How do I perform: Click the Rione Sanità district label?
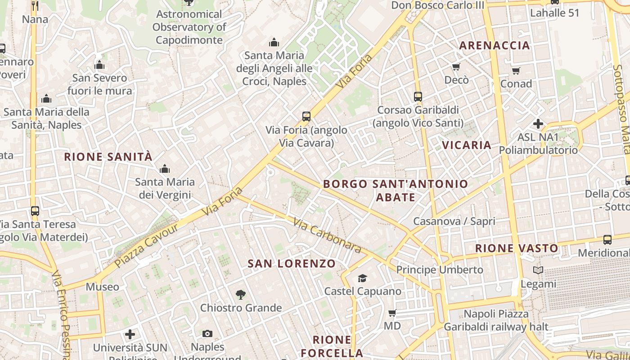coord(108,157)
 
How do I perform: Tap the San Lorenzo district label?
coord(292,264)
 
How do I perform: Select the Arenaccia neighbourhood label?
coord(494,45)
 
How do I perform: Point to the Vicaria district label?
coord(467,145)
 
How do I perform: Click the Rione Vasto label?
coord(517,248)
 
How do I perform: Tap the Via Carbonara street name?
coord(327,235)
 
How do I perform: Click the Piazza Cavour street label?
coord(147,245)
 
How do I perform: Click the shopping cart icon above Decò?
coord(456,67)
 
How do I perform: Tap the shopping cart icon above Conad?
coord(516,71)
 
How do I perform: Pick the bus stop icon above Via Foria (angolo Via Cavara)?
coord(306,117)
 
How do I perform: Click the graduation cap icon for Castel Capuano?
coord(362,279)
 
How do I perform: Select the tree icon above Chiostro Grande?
coord(241,295)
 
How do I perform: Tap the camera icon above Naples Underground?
coord(207,333)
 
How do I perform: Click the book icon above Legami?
coord(538,270)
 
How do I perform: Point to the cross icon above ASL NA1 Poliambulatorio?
coord(538,124)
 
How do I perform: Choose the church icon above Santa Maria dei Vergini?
coord(165,169)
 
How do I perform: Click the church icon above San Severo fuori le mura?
coord(99,65)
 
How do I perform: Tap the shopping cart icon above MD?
coord(392,313)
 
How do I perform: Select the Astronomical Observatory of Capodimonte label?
coord(189,27)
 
